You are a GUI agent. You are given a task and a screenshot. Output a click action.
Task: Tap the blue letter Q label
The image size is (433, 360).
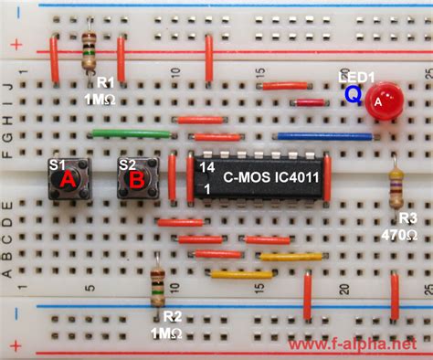353,92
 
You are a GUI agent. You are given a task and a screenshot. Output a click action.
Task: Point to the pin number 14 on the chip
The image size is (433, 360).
207,168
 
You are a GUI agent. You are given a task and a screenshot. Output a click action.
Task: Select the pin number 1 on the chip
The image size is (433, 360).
207,188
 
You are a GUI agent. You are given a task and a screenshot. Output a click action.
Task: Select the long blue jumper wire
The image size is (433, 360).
324,136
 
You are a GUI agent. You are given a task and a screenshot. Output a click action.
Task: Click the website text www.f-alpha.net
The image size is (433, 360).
359,345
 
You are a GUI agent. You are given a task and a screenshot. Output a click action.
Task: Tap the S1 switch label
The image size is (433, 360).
57,165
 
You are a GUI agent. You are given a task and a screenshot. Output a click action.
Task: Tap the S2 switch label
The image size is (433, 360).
128,165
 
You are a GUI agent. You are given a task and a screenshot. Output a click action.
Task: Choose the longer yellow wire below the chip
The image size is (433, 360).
241,273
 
